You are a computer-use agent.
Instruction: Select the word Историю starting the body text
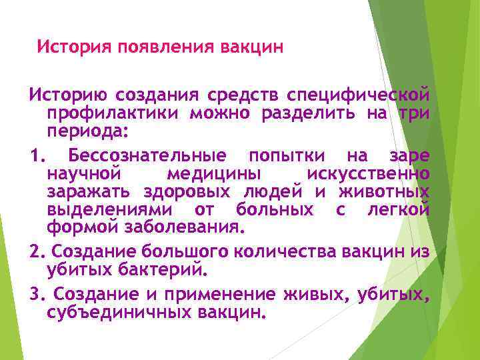point(66,95)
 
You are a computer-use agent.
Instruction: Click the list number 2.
point(37,253)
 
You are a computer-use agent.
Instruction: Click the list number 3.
point(37,295)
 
